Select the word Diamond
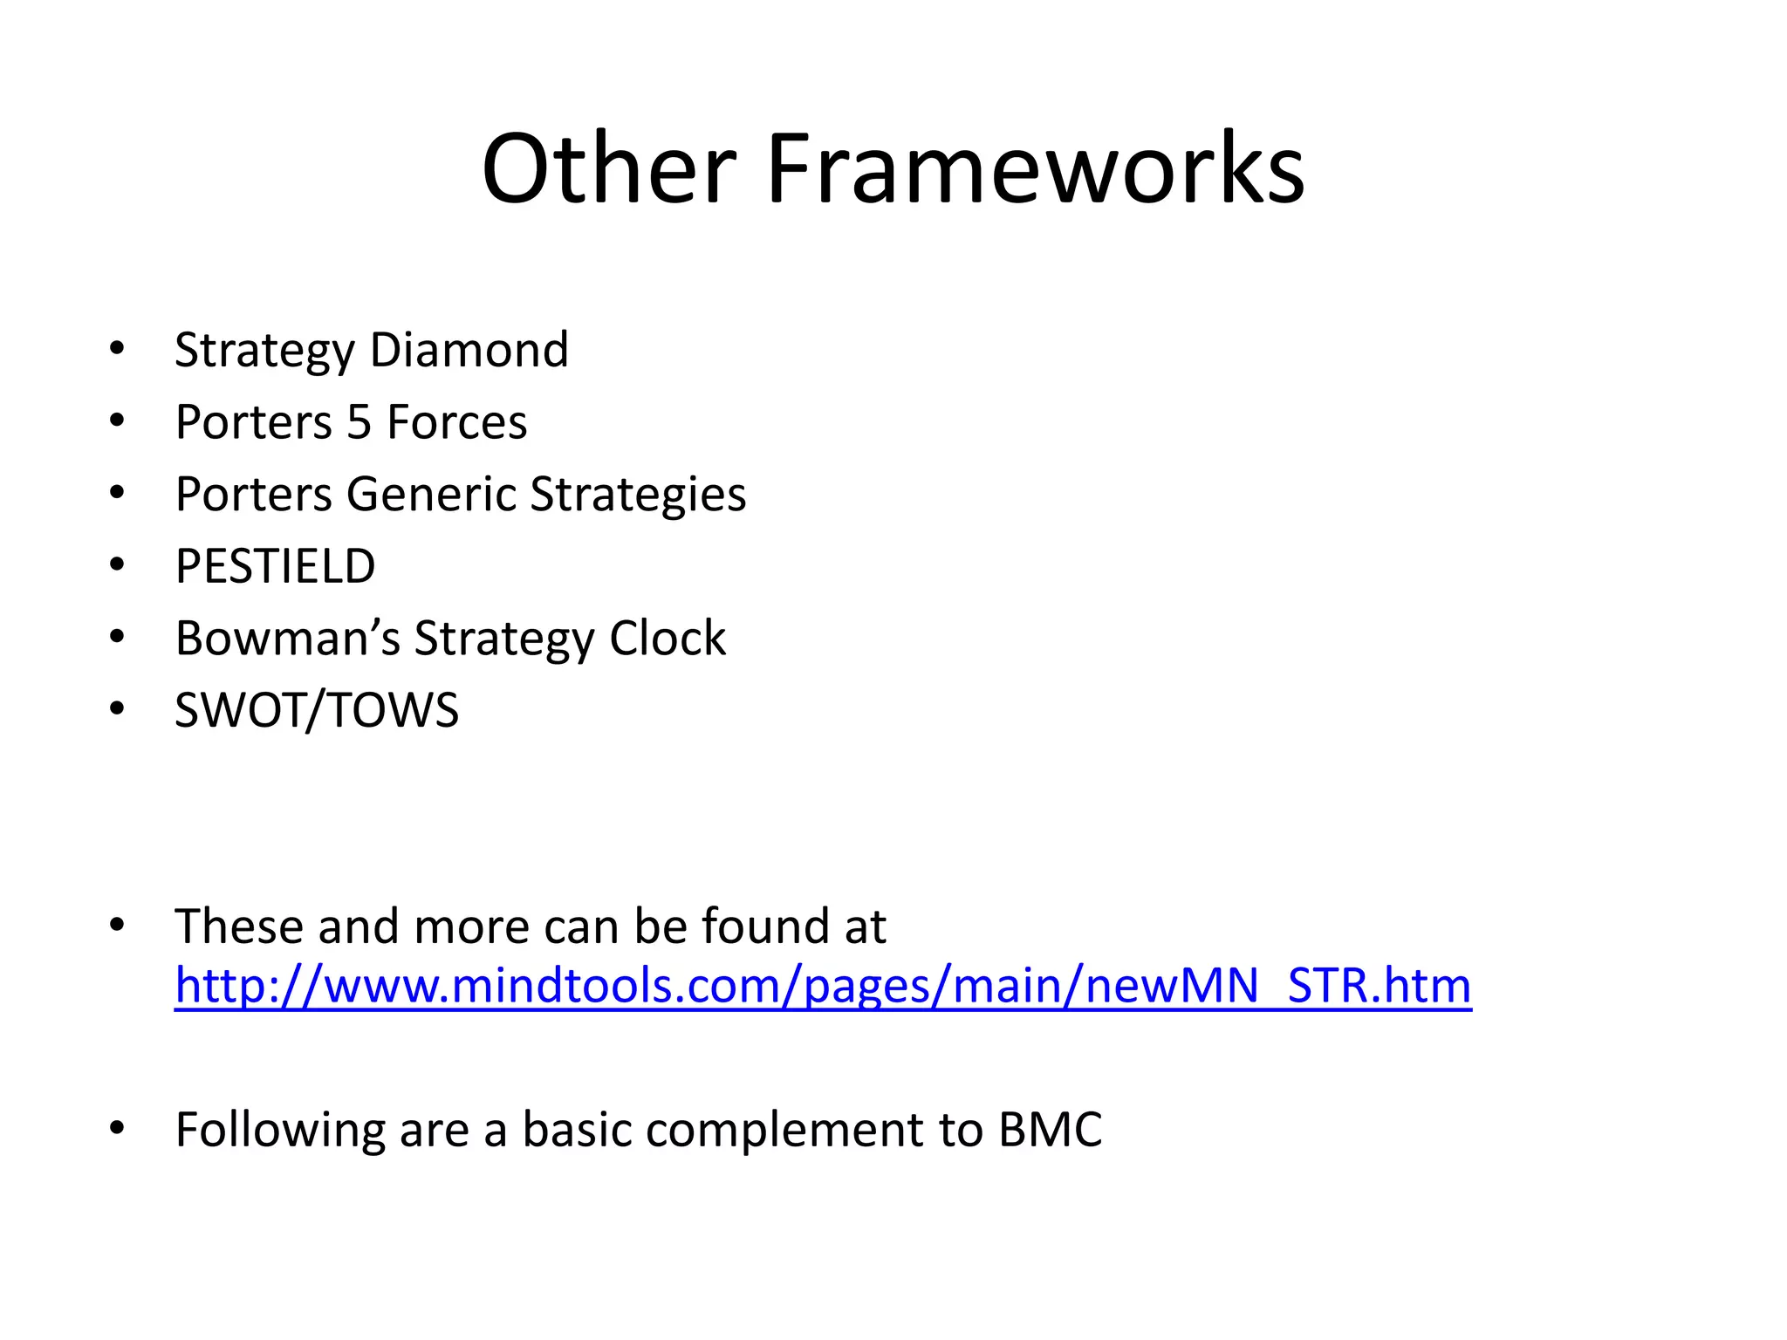(x=469, y=350)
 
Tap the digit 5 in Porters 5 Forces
(x=359, y=422)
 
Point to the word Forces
(x=456, y=422)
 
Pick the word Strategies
(x=638, y=495)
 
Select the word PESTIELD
(x=275, y=566)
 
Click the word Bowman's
(x=287, y=638)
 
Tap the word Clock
(x=668, y=638)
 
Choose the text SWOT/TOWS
(x=316, y=710)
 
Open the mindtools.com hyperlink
(x=823, y=986)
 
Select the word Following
(x=279, y=1130)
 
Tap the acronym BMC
(x=1050, y=1130)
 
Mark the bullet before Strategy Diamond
(x=117, y=350)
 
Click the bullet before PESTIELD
(x=117, y=566)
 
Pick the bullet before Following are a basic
(x=117, y=1129)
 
